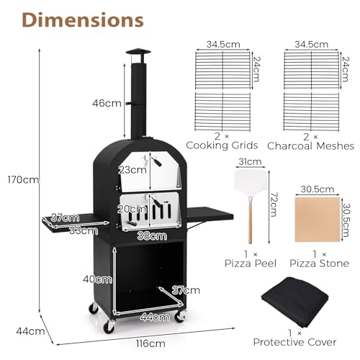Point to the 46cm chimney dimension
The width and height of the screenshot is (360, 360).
[110, 103]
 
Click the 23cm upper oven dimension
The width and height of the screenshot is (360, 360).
[130, 171]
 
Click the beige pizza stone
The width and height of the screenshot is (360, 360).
[316, 219]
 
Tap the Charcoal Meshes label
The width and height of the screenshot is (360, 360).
[319, 145]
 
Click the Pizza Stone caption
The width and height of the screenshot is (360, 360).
[316, 264]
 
